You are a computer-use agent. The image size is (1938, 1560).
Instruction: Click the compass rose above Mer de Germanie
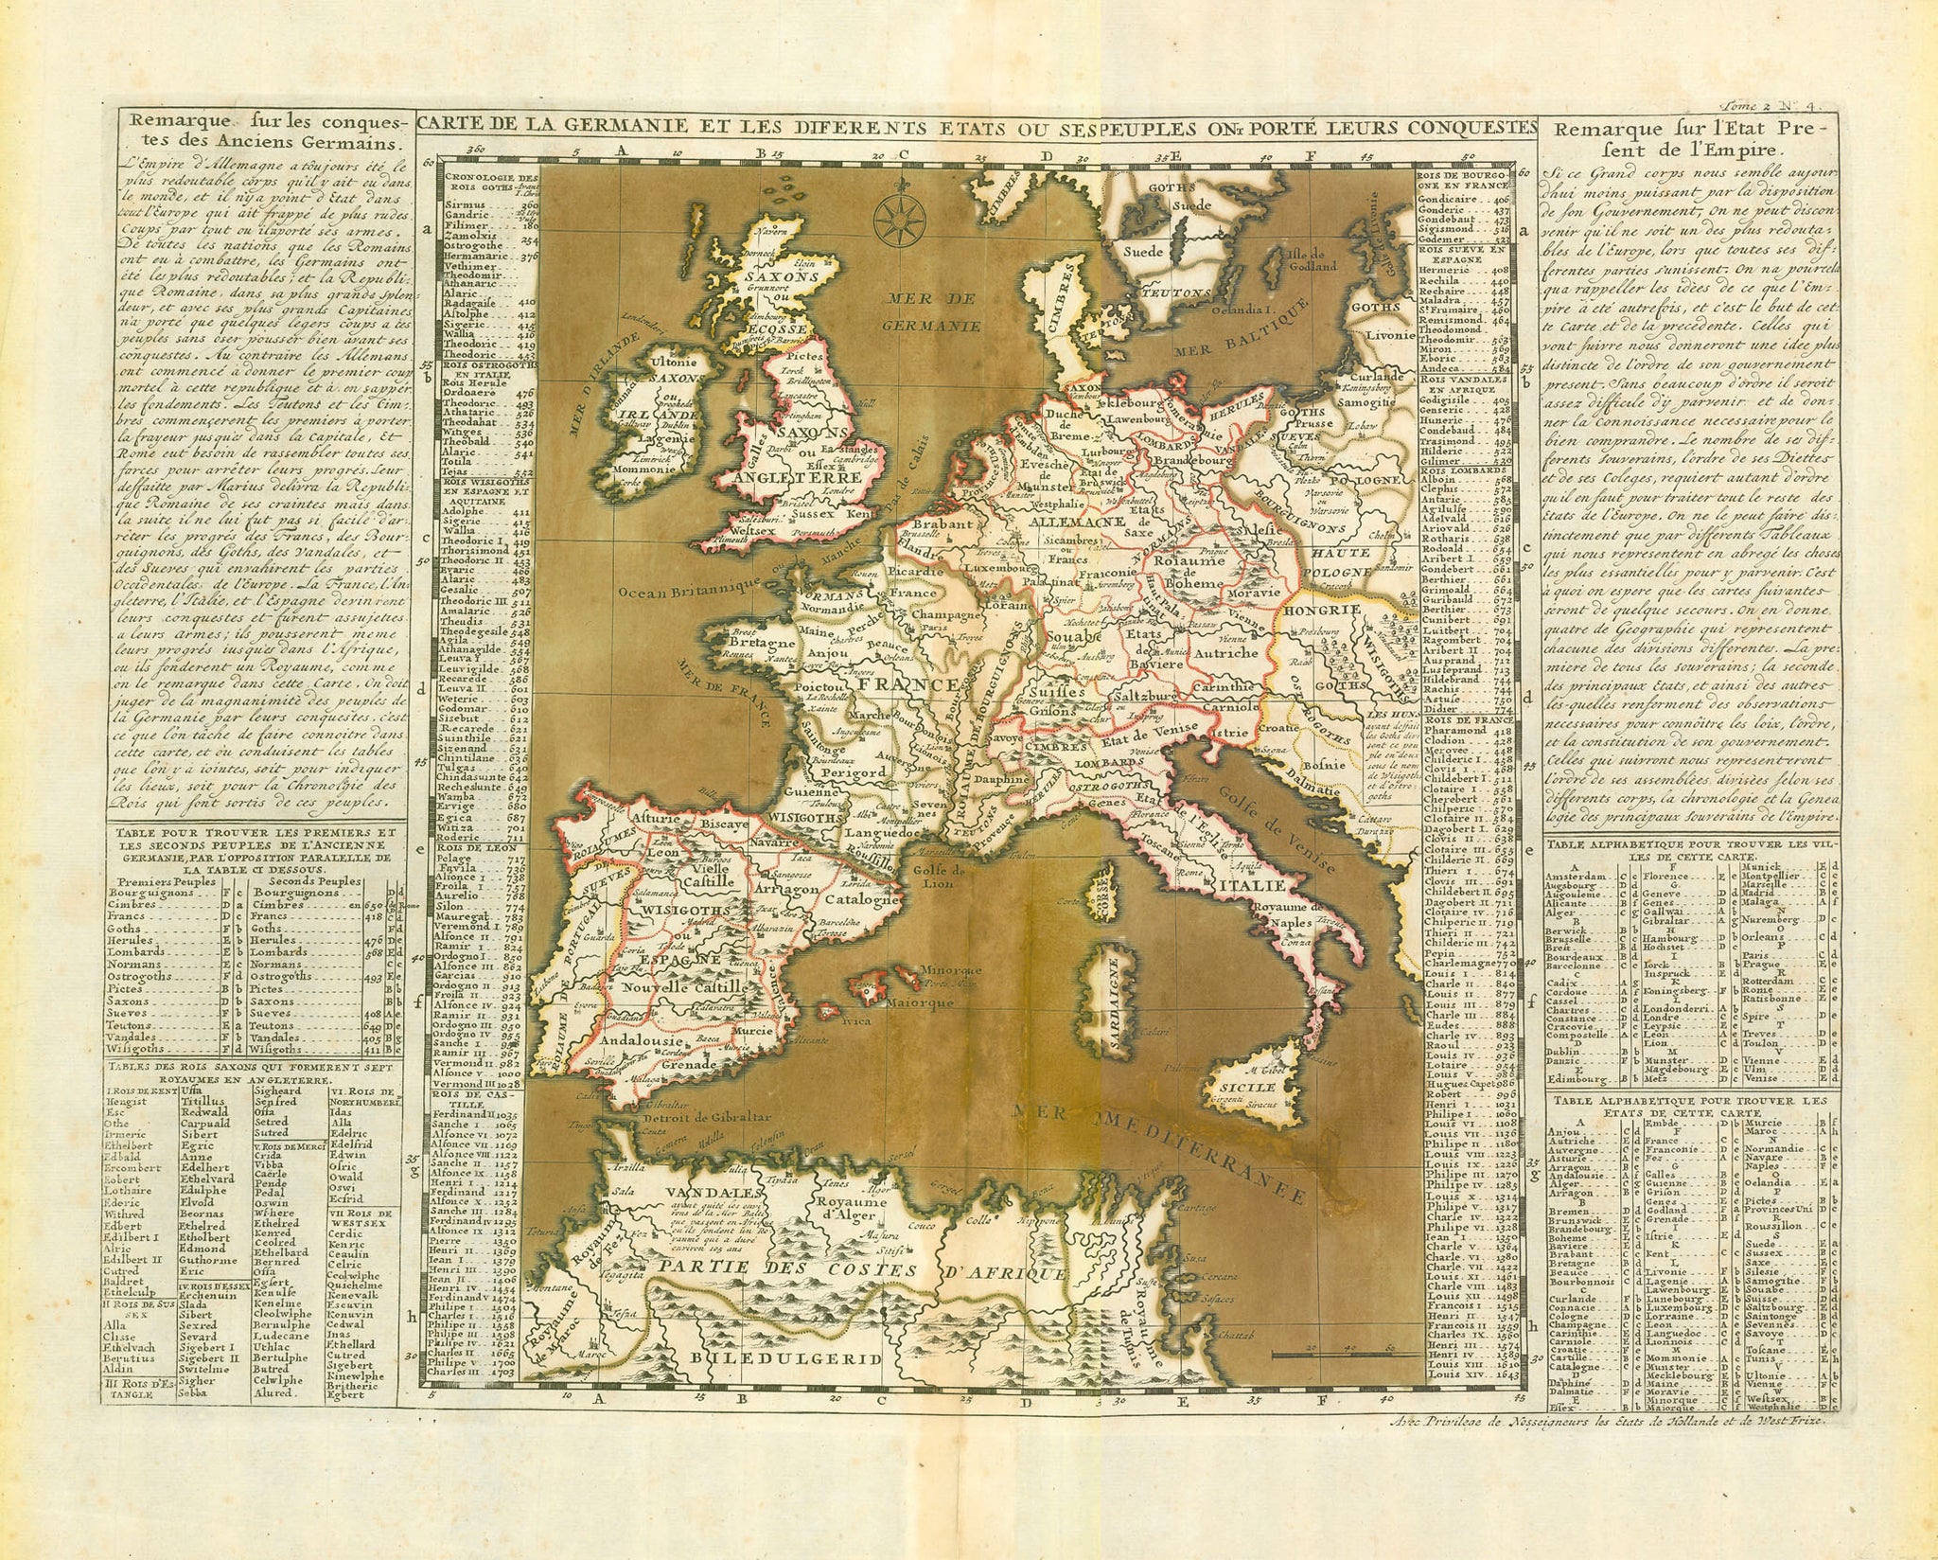click(x=894, y=216)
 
